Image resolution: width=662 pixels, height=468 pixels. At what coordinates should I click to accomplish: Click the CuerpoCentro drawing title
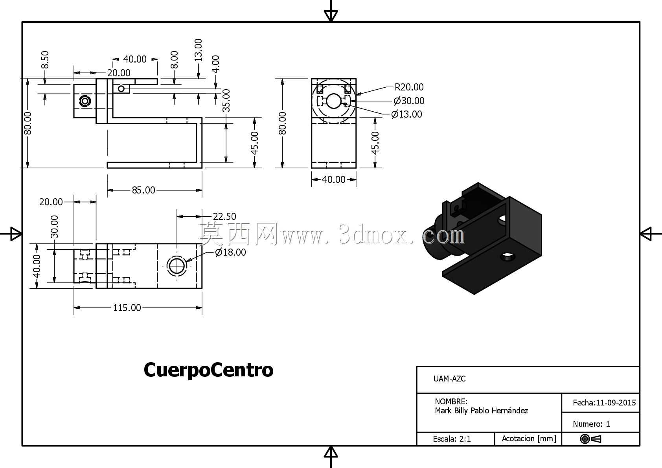click(x=208, y=370)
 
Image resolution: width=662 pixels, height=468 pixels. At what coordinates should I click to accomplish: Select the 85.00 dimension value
click(x=143, y=190)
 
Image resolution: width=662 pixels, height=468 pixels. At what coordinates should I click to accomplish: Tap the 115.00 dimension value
click(x=127, y=308)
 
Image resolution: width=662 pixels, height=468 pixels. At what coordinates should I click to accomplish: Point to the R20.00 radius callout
click(x=409, y=87)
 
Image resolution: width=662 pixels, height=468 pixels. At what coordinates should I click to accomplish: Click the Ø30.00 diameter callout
click(x=409, y=101)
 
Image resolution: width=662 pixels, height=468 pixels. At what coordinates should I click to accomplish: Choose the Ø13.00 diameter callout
click(x=406, y=114)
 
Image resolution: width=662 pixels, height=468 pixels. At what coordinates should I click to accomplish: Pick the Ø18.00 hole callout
click(x=230, y=252)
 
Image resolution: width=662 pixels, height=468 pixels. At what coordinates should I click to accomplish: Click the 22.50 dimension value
click(x=224, y=216)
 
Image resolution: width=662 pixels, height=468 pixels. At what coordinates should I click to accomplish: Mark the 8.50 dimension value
click(x=45, y=60)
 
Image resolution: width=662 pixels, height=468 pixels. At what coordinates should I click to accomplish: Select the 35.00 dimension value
click(x=226, y=101)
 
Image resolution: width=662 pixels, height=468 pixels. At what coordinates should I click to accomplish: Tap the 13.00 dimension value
click(x=198, y=50)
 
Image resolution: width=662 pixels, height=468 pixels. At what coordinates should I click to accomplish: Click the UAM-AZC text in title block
click(x=449, y=379)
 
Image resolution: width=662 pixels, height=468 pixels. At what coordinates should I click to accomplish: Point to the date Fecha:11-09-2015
click(x=604, y=403)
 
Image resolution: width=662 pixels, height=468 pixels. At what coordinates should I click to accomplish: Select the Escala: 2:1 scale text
click(x=452, y=439)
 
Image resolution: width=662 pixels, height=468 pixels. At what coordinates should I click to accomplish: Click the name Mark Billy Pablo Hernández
click(x=482, y=411)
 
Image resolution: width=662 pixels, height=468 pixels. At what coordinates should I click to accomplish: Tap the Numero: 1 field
click(x=591, y=424)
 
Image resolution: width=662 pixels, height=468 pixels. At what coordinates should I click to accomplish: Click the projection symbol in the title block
click(x=590, y=439)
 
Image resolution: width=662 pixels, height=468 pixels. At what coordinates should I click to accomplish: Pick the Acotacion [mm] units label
click(x=529, y=439)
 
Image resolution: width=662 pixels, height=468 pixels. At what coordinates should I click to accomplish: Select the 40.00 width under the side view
click(x=334, y=179)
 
